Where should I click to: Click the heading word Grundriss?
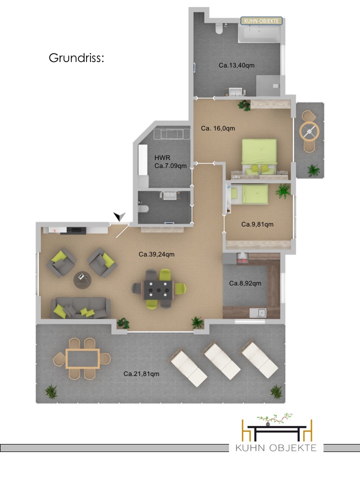click(76, 58)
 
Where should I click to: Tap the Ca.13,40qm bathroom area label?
click(236, 65)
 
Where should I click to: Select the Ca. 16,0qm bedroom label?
click(218, 128)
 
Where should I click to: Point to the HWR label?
click(162, 157)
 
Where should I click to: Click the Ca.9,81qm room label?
click(257, 224)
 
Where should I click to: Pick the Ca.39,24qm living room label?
click(156, 254)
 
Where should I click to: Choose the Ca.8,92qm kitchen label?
click(245, 283)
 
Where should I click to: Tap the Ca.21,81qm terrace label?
click(141, 374)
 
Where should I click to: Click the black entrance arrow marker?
click(119, 216)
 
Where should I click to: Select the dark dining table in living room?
click(158, 290)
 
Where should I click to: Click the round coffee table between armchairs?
click(82, 280)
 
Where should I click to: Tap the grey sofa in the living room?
click(80, 308)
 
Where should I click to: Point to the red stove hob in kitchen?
click(242, 261)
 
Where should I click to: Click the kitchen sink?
click(258, 313)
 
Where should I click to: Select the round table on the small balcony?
click(309, 131)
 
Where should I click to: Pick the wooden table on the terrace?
click(82, 358)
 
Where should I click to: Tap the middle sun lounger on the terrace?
click(222, 360)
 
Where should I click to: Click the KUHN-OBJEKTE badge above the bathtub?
click(261, 21)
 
